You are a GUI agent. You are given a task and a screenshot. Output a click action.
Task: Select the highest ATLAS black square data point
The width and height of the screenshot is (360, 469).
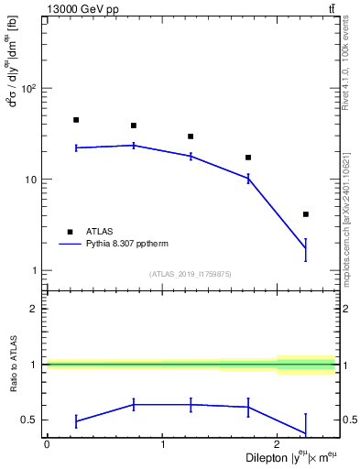click(76, 120)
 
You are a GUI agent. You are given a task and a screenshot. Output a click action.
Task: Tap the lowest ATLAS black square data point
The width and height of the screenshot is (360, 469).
click(305, 214)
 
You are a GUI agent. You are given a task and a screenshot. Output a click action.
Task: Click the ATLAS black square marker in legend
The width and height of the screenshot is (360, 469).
click(69, 232)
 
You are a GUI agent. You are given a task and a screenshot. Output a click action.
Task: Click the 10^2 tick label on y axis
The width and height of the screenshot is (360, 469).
click(27, 89)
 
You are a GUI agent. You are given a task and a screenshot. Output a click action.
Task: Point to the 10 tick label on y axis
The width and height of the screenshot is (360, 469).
click(29, 180)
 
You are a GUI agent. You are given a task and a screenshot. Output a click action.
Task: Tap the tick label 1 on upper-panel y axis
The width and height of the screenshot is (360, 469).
click(33, 270)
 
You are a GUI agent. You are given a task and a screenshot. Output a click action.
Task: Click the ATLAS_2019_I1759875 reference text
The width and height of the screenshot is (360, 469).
click(191, 274)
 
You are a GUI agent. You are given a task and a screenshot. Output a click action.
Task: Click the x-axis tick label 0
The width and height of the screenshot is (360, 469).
click(47, 444)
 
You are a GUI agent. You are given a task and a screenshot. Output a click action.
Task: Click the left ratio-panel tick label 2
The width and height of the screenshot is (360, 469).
click(33, 309)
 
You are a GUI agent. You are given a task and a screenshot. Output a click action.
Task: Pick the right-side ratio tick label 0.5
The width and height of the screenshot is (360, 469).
click(347, 420)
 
